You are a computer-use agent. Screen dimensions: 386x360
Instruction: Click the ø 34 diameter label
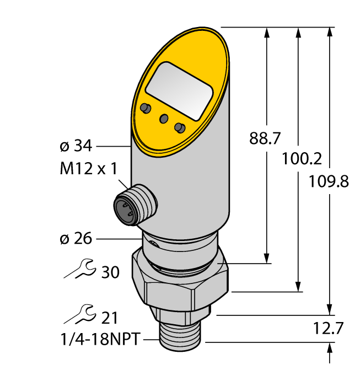(75, 147)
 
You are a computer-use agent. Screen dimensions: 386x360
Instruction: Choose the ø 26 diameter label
(75, 239)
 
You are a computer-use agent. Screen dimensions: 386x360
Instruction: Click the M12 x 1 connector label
(88, 169)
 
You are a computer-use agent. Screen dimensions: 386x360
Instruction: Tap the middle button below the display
(164, 119)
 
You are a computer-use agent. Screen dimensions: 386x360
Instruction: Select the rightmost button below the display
(179, 128)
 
